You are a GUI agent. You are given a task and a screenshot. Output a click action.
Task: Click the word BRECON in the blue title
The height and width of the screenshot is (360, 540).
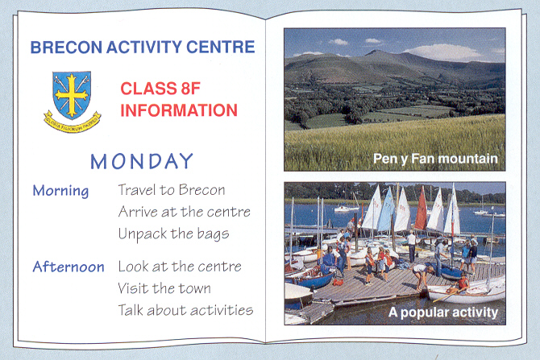66,48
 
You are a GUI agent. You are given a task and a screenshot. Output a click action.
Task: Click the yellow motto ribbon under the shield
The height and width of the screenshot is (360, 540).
72,122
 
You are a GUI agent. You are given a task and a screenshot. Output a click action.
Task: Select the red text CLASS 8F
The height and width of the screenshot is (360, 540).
160,89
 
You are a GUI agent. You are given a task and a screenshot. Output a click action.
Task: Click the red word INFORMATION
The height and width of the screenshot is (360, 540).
179,110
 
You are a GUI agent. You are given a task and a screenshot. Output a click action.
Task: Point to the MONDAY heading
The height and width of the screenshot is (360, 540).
142,161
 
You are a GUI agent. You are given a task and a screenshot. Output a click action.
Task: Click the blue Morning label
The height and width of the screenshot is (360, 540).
60,191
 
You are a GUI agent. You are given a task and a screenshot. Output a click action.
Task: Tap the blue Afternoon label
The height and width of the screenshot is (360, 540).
69,267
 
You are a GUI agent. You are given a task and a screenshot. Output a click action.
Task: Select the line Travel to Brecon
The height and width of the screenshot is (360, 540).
172,190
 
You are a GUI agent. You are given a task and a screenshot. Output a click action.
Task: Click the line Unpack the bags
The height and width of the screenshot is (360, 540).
173,234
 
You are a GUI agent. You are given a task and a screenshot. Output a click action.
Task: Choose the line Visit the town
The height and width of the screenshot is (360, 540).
164,288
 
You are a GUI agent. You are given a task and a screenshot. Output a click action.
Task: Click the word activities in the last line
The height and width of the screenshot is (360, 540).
222,310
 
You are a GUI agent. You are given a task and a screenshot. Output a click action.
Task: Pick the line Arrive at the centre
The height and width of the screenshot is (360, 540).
185,212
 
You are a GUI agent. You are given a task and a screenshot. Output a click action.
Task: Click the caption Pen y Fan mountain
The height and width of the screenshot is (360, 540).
435,159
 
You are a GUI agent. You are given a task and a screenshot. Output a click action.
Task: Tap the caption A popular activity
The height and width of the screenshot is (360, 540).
443,312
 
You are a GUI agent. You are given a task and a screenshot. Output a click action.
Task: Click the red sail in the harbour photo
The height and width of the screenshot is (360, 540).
422,209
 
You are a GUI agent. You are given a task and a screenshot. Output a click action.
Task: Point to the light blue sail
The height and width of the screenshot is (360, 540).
386,210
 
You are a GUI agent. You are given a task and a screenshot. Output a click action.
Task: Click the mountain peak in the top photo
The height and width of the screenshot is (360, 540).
376,52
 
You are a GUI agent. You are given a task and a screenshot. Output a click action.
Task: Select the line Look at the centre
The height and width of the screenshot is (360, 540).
180,267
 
